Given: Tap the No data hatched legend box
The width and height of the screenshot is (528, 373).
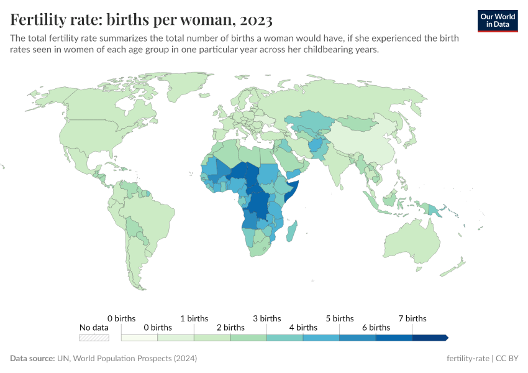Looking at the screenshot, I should pyautogui.click(x=94, y=338).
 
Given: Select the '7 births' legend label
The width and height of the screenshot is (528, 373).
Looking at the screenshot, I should pyautogui.click(x=412, y=318).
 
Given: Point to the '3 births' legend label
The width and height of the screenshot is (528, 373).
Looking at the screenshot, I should pyautogui.click(x=266, y=318).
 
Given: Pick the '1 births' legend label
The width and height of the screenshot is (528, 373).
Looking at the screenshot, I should pyautogui.click(x=194, y=318).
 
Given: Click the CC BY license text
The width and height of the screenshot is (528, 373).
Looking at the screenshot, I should pyautogui.click(x=508, y=359).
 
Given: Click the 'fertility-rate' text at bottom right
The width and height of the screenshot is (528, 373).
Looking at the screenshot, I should pyautogui.click(x=467, y=359).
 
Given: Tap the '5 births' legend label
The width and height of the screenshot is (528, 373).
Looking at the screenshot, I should pyautogui.click(x=339, y=318).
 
